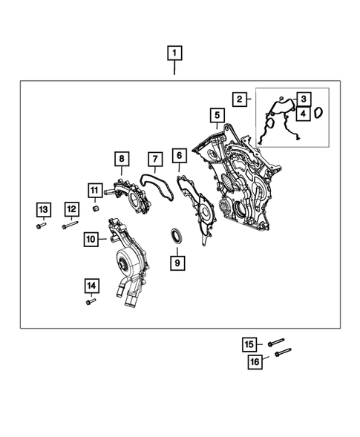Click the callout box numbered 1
pos(174,53)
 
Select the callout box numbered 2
pos(239,99)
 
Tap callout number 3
pos(303,99)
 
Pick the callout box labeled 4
pos(303,114)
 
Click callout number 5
pos(217,116)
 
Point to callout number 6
pos(179,155)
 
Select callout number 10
pos(91,239)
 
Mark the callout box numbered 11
pos(95,190)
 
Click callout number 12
pos(71,209)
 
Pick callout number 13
pos(43,209)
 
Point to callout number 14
pos(91,285)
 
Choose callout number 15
pos(249,344)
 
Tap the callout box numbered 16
pos(255,361)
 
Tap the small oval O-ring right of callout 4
pos(319,114)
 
